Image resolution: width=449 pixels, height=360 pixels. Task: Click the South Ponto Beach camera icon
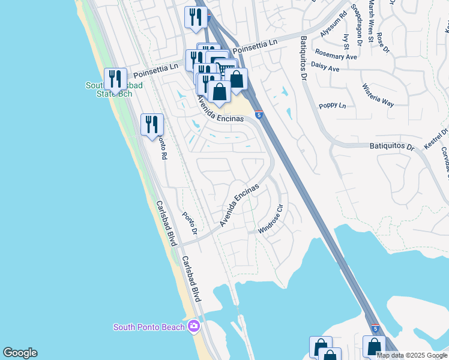193,326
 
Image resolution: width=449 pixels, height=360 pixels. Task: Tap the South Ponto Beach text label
150,327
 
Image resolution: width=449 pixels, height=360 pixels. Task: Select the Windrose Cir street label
271,221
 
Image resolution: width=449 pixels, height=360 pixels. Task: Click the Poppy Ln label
333,106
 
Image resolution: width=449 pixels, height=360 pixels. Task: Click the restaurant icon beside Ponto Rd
152,125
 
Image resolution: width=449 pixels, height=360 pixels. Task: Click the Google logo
20,353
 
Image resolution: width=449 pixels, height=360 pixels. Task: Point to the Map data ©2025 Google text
412,355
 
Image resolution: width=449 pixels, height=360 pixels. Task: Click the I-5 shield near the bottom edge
375,329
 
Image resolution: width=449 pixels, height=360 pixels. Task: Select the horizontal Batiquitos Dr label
391,146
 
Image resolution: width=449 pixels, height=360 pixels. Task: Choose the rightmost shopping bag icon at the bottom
374,346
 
